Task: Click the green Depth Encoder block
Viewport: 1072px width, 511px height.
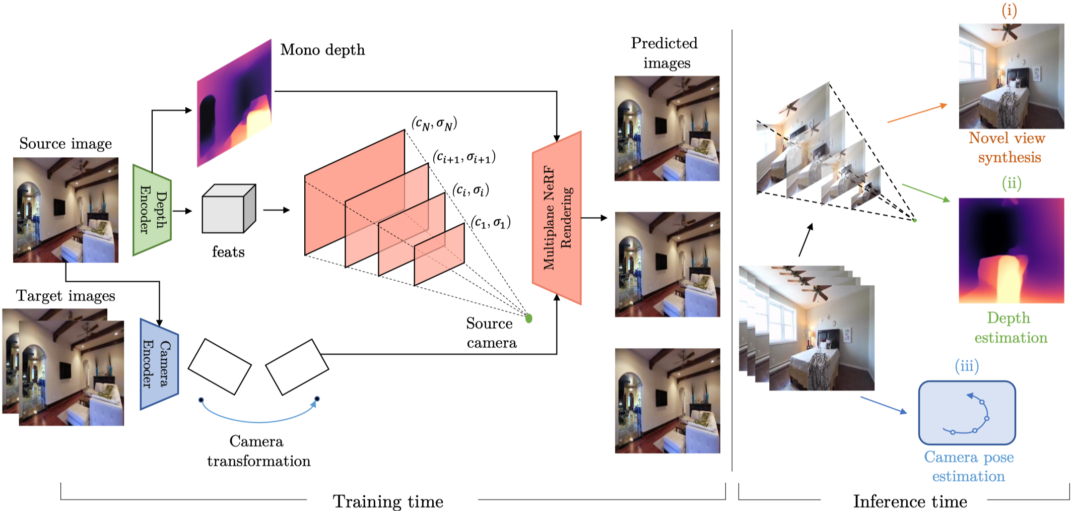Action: [x=152, y=210]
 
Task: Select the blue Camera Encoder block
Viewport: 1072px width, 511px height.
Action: [x=159, y=364]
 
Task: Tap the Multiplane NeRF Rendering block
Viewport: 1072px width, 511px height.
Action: [x=557, y=218]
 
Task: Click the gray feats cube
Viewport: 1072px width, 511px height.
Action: [x=228, y=210]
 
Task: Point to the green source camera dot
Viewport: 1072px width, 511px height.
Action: [x=528, y=318]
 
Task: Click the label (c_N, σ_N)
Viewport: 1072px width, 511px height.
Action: [x=434, y=123]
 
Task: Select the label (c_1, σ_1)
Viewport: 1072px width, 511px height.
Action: [x=491, y=222]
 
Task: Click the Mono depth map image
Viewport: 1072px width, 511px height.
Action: [x=234, y=103]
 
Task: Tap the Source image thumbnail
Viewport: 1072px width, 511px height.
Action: [x=65, y=210]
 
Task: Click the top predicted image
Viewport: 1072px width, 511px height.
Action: [x=666, y=128]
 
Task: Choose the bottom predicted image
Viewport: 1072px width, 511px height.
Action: [x=667, y=400]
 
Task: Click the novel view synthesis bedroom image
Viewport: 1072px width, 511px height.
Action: [x=1011, y=76]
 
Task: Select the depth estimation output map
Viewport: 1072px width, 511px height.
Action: [x=1011, y=250]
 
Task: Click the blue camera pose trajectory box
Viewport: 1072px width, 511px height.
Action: [x=967, y=412]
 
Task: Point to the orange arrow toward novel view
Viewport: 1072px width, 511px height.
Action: [x=917, y=113]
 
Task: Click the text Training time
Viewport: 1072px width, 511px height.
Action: [x=388, y=501]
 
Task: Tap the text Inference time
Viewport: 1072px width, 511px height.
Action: [x=910, y=501]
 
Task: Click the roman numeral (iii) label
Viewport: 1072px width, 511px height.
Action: [x=966, y=365]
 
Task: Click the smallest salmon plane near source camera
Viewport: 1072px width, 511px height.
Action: [x=439, y=254]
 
